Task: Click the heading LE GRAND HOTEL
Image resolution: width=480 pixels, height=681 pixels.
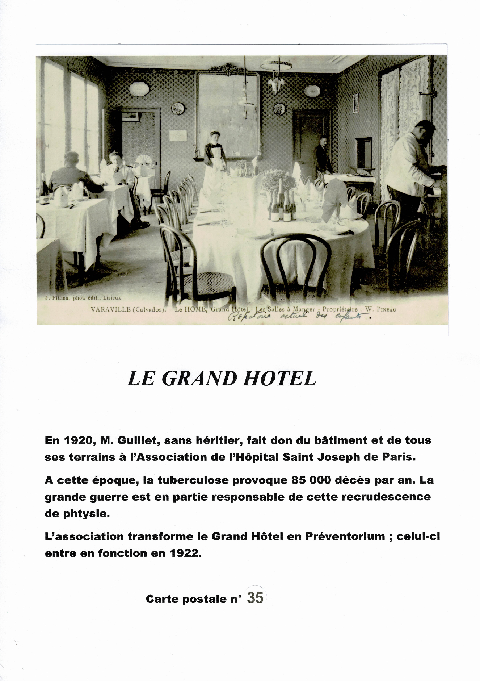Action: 222,379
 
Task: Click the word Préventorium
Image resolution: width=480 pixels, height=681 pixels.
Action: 345,536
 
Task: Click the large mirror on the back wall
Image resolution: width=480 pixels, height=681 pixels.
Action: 227,112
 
